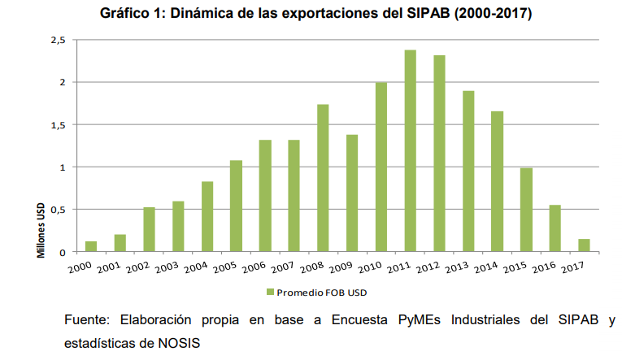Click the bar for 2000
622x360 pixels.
(91, 246)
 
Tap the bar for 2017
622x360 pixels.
(584, 245)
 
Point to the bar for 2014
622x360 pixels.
(497, 181)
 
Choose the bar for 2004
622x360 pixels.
(207, 216)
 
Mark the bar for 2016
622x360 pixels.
(555, 228)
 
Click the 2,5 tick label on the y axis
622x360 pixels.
(57, 40)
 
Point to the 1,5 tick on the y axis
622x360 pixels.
(57, 124)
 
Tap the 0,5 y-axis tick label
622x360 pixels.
(57, 210)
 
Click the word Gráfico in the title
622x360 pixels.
(125, 14)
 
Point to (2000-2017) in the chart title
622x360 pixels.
(485, 14)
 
